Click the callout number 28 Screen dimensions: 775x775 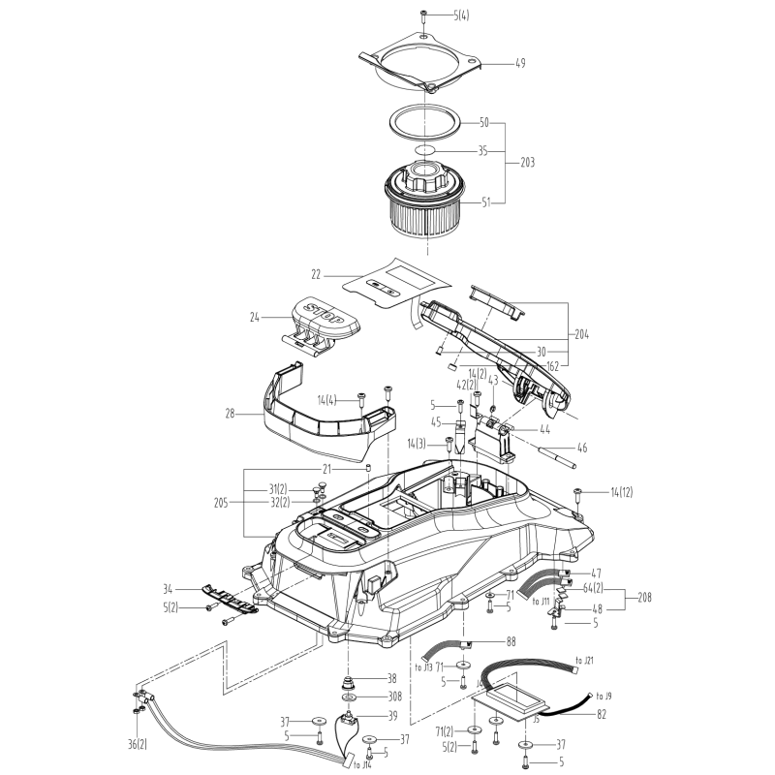(230, 414)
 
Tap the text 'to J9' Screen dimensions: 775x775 (604, 696)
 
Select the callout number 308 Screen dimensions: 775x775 (393, 697)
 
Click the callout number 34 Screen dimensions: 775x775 (169, 588)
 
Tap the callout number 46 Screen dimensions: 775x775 (582, 449)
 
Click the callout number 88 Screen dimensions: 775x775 (511, 641)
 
